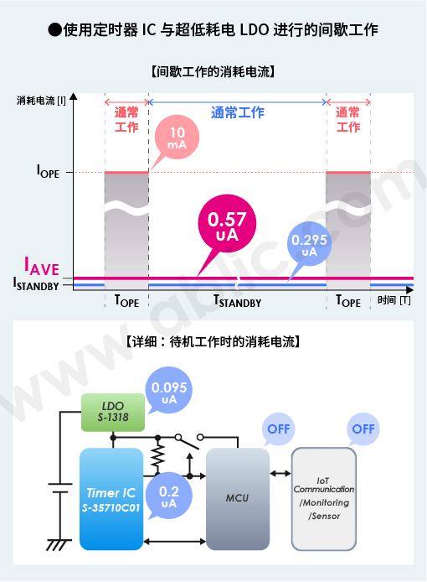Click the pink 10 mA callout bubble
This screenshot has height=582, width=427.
click(x=177, y=138)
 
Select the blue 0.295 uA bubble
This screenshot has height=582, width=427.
click(x=309, y=244)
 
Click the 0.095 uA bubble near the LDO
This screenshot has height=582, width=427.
click(x=169, y=390)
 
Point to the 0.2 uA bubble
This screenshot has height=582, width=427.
click(x=169, y=496)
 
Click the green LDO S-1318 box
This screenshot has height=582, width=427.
click(x=113, y=413)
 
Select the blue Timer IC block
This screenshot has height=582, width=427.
click(x=111, y=499)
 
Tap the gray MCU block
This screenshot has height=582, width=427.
click(x=238, y=499)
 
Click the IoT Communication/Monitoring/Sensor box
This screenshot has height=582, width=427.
click(x=324, y=499)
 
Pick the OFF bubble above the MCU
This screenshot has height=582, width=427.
click(x=278, y=429)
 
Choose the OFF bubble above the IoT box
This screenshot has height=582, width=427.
click(x=363, y=429)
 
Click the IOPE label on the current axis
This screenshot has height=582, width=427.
click(x=48, y=172)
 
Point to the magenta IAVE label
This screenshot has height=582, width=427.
click(x=42, y=266)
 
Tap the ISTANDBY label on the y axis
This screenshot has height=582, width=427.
click(x=36, y=284)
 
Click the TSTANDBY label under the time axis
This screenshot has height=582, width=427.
click(x=238, y=301)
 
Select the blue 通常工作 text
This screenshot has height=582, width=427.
click(x=238, y=112)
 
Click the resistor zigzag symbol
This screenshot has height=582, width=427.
click(x=158, y=456)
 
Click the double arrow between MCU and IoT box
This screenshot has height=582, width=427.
click(x=280, y=474)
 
